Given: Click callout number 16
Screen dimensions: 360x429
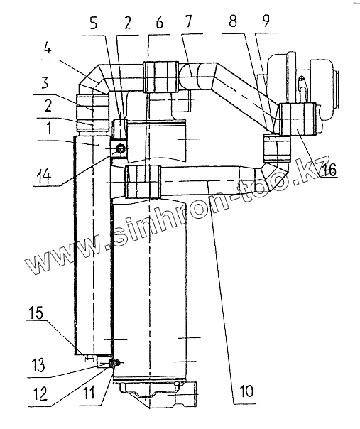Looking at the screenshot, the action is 328,170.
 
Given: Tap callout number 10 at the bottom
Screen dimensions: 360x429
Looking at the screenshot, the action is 246,391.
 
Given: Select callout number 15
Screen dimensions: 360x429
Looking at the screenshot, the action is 36,313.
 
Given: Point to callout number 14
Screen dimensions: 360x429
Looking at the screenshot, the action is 43,177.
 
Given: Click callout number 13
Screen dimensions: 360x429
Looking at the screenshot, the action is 38,365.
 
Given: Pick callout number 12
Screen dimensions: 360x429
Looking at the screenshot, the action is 40,394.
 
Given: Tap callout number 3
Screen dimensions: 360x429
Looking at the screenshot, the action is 45,82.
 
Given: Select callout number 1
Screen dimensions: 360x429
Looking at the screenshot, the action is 48,128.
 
